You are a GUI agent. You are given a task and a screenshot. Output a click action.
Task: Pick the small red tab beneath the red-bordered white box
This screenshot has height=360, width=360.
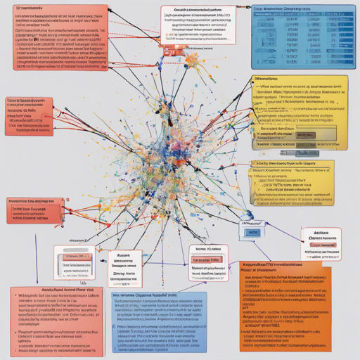pyautogui.click(x=171, y=51)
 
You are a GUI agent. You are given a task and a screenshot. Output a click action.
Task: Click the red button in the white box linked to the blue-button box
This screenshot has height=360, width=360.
pyautogui.click(x=208, y=258)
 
